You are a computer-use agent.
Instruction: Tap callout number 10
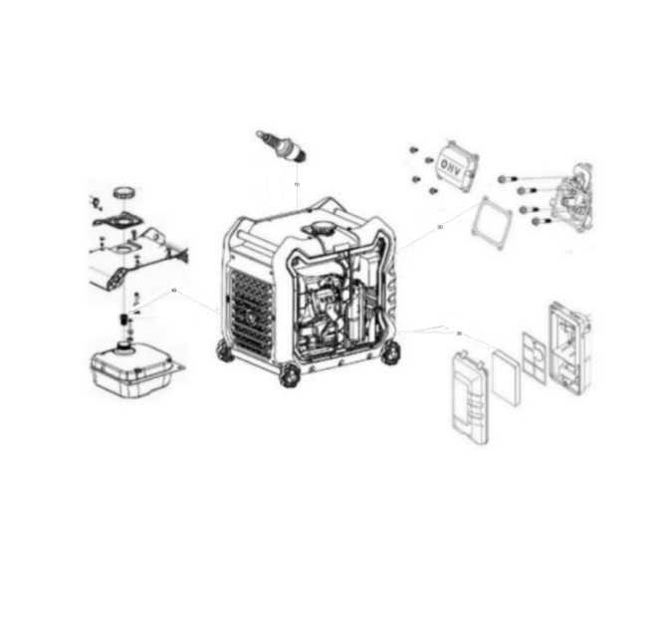pyautogui.click(x=297, y=185)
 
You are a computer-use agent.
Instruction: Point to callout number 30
pyautogui.click(x=459, y=333)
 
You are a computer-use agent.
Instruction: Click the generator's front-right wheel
pyautogui.click(x=289, y=374)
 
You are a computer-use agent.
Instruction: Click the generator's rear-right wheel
pyautogui.click(x=390, y=351)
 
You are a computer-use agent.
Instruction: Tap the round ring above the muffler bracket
pyautogui.click(x=123, y=191)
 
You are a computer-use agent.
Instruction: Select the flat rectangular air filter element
pyautogui.click(x=506, y=377)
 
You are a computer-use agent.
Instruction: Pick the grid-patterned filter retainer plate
pyautogui.click(x=535, y=357)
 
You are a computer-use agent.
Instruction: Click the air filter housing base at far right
pyautogui.click(x=568, y=342)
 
